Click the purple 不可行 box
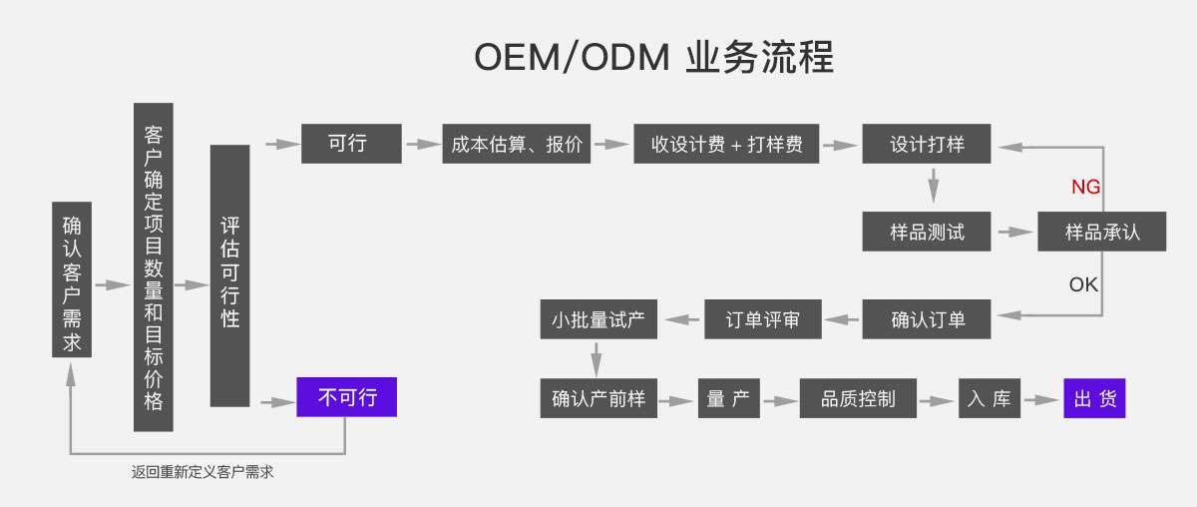click(346, 398)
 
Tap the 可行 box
click(351, 144)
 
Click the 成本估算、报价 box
click(517, 144)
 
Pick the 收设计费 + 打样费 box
click(726, 144)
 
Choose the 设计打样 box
click(928, 144)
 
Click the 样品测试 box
click(928, 232)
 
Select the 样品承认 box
click(1102, 232)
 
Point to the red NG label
click(1085, 188)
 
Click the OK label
click(1083, 284)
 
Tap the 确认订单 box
click(928, 319)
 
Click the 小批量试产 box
click(598, 319)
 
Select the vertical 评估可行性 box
click(229, 275)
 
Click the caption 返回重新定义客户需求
click(202, 472)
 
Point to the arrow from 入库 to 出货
click(1042, 400)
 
